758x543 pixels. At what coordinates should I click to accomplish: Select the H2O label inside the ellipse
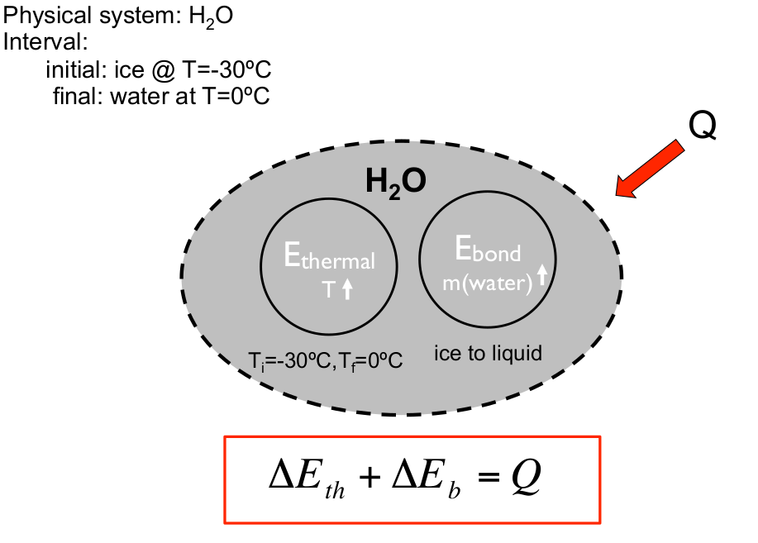(x=395, y=183)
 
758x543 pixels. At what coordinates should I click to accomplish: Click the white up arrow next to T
(x=347, y=288)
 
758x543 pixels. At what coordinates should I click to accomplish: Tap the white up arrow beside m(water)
(x=542, y=275)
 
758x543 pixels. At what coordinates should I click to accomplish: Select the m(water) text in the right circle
(x=486, y=283)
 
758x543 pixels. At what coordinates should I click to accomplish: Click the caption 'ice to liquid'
(x=488, y=354)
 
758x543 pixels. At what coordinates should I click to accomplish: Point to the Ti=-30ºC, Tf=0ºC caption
(x=326, y=361)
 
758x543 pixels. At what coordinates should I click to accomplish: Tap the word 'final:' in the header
(x=76, y=95)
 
